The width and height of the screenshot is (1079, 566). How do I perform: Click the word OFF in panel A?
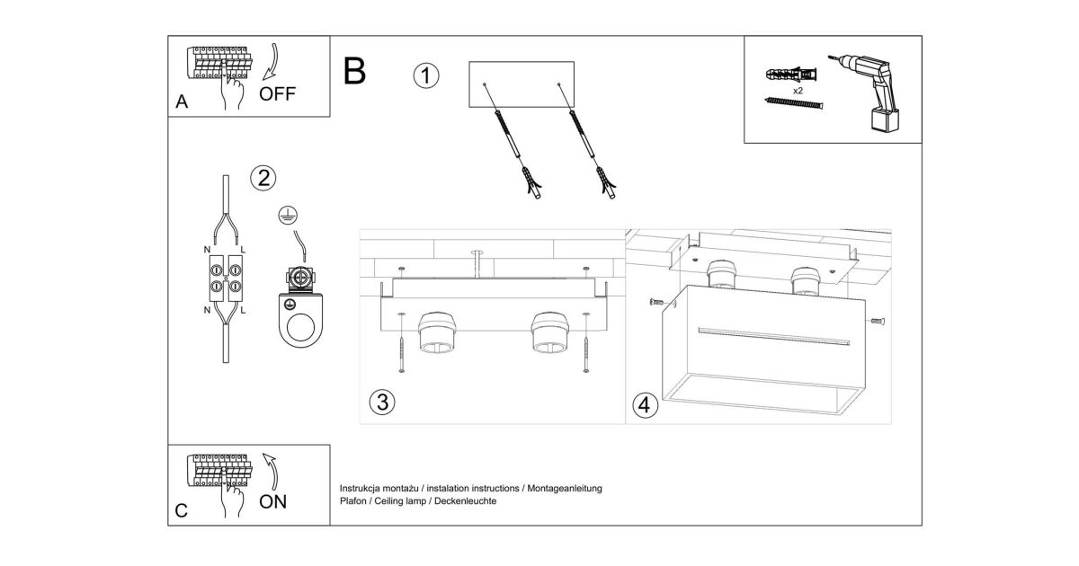click(277, 93)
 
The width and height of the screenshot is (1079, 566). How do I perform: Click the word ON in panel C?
click(272, 502)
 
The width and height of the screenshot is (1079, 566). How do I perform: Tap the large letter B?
click(354, 72)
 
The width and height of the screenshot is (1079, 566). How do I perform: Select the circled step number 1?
click(426, 76)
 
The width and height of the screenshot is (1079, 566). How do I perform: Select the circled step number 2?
click(263, 178)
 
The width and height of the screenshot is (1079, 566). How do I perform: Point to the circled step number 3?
click(382, 402)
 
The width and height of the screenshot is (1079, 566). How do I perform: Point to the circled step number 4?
click(645, 405)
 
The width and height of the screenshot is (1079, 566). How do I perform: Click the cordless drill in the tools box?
click(871, 92)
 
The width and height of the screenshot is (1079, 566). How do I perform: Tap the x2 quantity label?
click(798, 91)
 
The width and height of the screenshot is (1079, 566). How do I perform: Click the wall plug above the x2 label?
click(791, 75)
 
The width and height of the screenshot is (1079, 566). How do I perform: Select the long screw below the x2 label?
click(794, 103)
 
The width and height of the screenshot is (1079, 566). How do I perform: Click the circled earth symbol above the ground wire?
click(288, 217)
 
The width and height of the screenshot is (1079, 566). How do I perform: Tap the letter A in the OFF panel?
click(182, 102)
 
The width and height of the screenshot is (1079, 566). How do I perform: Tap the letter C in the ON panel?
click(181, 510)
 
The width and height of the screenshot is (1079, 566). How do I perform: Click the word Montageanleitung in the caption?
click(565, 489)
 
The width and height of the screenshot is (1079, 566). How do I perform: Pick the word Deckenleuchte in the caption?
click(466, 501)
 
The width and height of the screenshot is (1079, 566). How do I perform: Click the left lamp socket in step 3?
click(437, 332)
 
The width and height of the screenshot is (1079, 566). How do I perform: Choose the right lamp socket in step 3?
click(549, 332)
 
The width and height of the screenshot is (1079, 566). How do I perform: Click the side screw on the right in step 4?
click(878, 321)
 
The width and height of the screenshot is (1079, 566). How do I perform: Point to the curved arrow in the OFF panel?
click(273, 62)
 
